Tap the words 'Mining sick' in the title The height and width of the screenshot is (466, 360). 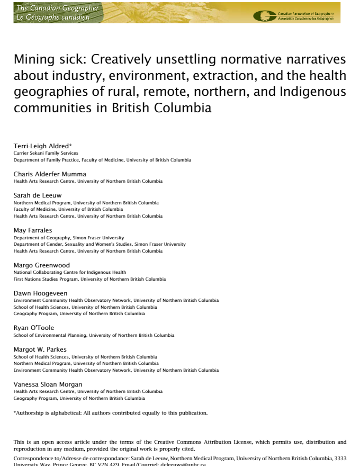[44, 59]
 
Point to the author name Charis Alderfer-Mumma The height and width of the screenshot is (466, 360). [50, 174]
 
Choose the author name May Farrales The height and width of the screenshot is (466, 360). [32, 230]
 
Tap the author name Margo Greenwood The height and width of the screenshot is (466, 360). [41, 265]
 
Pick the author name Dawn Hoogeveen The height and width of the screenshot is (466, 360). [40, 293]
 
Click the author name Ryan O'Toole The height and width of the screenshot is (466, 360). [34, 328]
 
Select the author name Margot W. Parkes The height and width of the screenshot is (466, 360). [40, 349]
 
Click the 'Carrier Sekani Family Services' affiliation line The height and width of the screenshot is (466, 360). [46, 153]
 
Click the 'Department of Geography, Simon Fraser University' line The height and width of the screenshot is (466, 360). [68, 238]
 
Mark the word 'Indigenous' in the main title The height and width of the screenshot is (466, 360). [309, 92]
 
